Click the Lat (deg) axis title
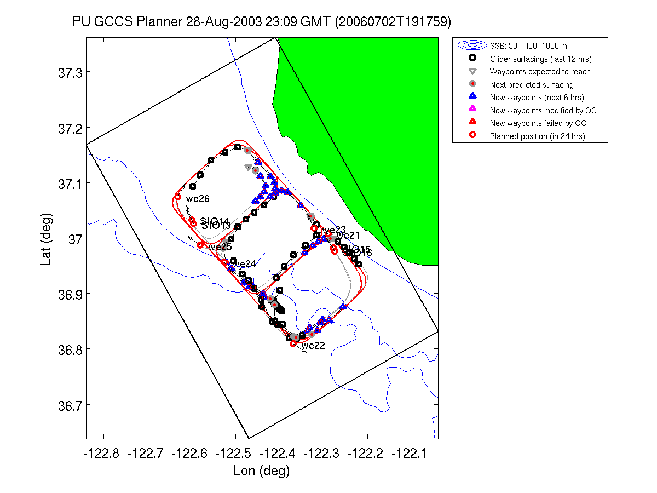pos(47,238)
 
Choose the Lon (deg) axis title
pos(261,471)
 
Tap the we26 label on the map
pos(198,199)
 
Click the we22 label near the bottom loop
pos(313,346)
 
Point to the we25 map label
pos(220,247)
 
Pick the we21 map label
pos(348,236)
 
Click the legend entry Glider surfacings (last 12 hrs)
pos(540,59)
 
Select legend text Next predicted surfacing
pos(532,85)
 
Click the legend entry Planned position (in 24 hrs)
pos(537,136)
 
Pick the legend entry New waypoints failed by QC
pos(538,123)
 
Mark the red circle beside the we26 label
pos(177,197)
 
